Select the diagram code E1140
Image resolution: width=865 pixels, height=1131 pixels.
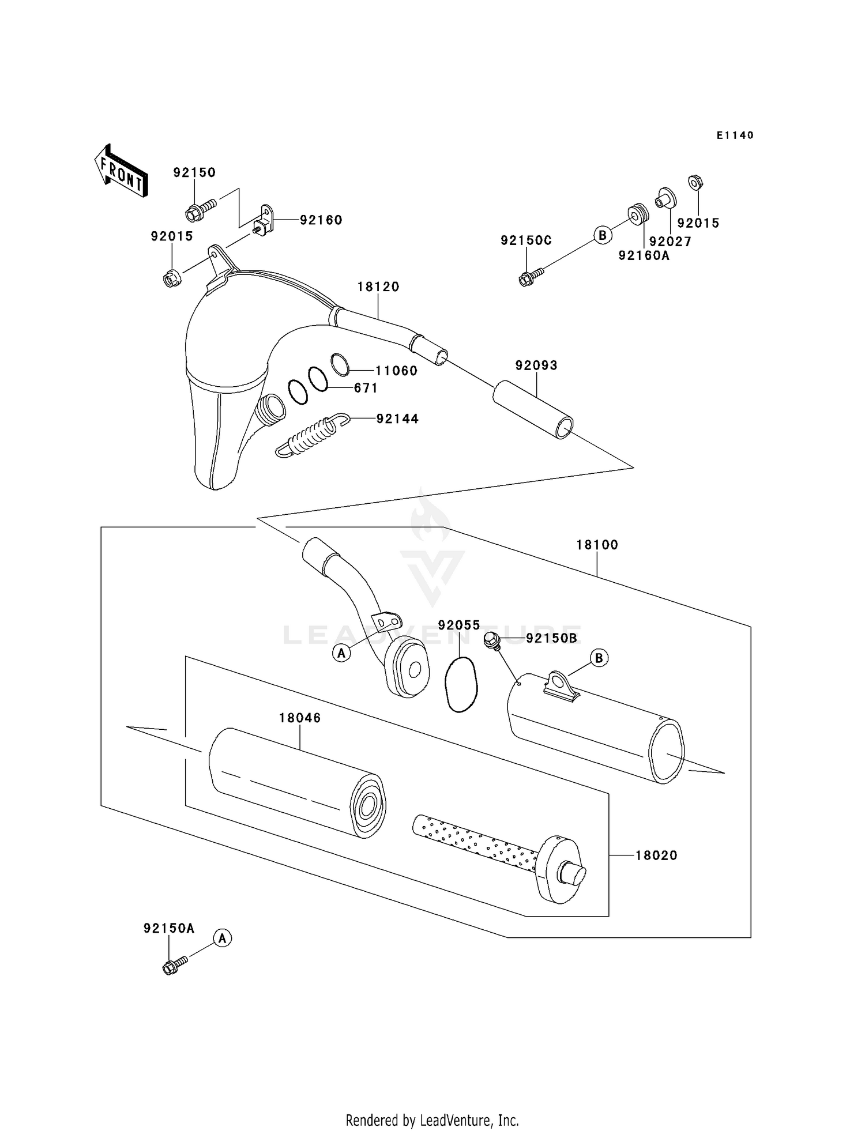[x=735, y=135]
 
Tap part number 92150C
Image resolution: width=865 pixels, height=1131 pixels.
[x=526, y=241]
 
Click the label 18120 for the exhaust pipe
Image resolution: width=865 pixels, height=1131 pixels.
[x=378, y=286]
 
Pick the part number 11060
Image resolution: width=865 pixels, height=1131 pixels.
[x=397, y=371]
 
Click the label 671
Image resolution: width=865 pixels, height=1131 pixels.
[x=366, y=388]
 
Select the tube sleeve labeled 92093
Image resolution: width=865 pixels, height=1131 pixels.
[x=533, y=409]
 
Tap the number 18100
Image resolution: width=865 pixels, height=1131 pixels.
[x=597, y=545]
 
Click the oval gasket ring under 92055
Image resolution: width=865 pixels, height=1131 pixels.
[x=461, y=684]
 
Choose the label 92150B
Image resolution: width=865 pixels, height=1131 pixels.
[x=551, y=638]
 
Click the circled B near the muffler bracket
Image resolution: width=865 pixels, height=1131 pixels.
[x=599, y=658]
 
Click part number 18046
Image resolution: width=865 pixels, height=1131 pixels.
[x=300, y=718]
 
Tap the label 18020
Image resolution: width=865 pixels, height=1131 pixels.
[x=656, y=855]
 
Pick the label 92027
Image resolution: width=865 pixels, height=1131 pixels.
[x=670, y=242]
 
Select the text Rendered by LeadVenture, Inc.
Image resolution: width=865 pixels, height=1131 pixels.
[x=432, y=1120]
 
